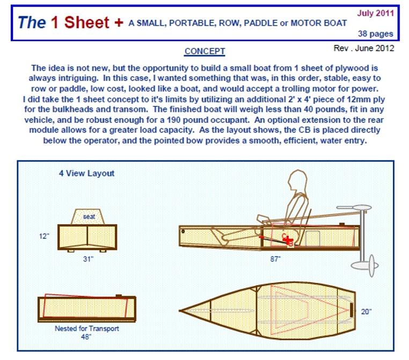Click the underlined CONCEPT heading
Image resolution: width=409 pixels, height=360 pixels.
pyautogui.click(x=204, y=52)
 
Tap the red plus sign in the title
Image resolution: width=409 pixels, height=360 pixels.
pyautogui.click(x=119, y=23)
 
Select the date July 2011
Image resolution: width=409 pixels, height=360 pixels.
pyautogui.click(x=375, y=13)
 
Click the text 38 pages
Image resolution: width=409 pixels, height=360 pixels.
pyautogui.click(x=375, y=34)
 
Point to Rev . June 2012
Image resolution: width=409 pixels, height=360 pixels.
pyautogui.click(x=363, y=48)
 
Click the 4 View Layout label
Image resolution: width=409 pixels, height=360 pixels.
pyautogui.click(x=86, y=173)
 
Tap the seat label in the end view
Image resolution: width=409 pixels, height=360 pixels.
pyautogui.click(x=89, y=217)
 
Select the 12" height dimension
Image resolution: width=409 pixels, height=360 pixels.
pyautogui.click(x=44, y=236)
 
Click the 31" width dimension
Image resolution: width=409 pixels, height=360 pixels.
pyautogui.click(x=88, y=259)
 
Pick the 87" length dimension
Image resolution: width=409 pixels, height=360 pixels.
pyautogui.click(x=275, y=259)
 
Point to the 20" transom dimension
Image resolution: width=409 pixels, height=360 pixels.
pyautogui.click(x=366, y=312)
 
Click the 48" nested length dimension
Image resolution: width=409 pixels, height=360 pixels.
pyautogui.click(x=86, y=337)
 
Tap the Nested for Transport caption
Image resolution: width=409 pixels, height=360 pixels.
pyautogui.click(x=87, y=328)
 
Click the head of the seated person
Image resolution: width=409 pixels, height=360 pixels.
pyautogui.click(x=297, y=180)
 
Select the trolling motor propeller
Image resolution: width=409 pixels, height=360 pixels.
pyautogui.click(x=372, y=266)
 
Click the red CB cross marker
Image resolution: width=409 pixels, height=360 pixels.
pyautogui.click(x=288, y=240)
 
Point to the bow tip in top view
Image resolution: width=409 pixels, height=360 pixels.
pyautogui.click(x=180, y=311)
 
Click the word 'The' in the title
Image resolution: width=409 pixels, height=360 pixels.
pyautogui.click(x=32, y=23)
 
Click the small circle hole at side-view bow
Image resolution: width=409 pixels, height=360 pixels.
pyautogui.click(x=183, y=231)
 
